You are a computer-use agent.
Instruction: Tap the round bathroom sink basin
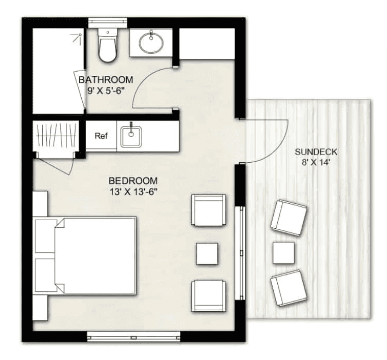click(151, 42)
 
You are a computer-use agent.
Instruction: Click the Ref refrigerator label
click(101, 136)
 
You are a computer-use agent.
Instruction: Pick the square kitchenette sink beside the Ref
click(132, 136)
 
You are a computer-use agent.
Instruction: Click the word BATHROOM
click(106, 80)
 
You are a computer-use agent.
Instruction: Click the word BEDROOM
click(133, 181)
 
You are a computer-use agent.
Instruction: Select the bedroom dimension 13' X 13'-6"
click(134, 192)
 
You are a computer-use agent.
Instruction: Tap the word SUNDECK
click(316, 152)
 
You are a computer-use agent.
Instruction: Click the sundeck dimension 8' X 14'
click(316, 163)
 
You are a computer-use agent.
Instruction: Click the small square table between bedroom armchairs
click(207, 253)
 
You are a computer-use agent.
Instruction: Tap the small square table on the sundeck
click(283, 253)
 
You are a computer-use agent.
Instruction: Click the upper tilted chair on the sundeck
click(288, 218)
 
